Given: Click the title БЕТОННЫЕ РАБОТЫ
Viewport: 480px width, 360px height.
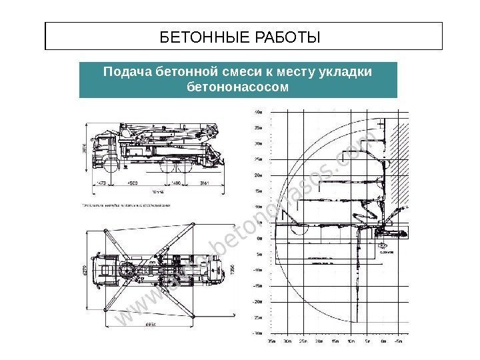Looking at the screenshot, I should pyautogui.click(x=241, y=36).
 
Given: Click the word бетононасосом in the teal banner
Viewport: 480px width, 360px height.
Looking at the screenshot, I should pyautogui.click(x=238, y=87).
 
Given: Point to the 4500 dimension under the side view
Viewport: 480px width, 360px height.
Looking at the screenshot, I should pyautogui.click(x=133, y=182).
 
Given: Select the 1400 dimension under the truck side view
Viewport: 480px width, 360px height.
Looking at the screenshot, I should pyautogui.click(x=175, y=182).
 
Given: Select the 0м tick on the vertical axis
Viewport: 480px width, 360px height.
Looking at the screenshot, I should pyautogui.click(x=259, y=238).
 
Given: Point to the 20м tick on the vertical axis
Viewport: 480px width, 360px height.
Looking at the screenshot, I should pyautogui.click(x=258, y=175).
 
